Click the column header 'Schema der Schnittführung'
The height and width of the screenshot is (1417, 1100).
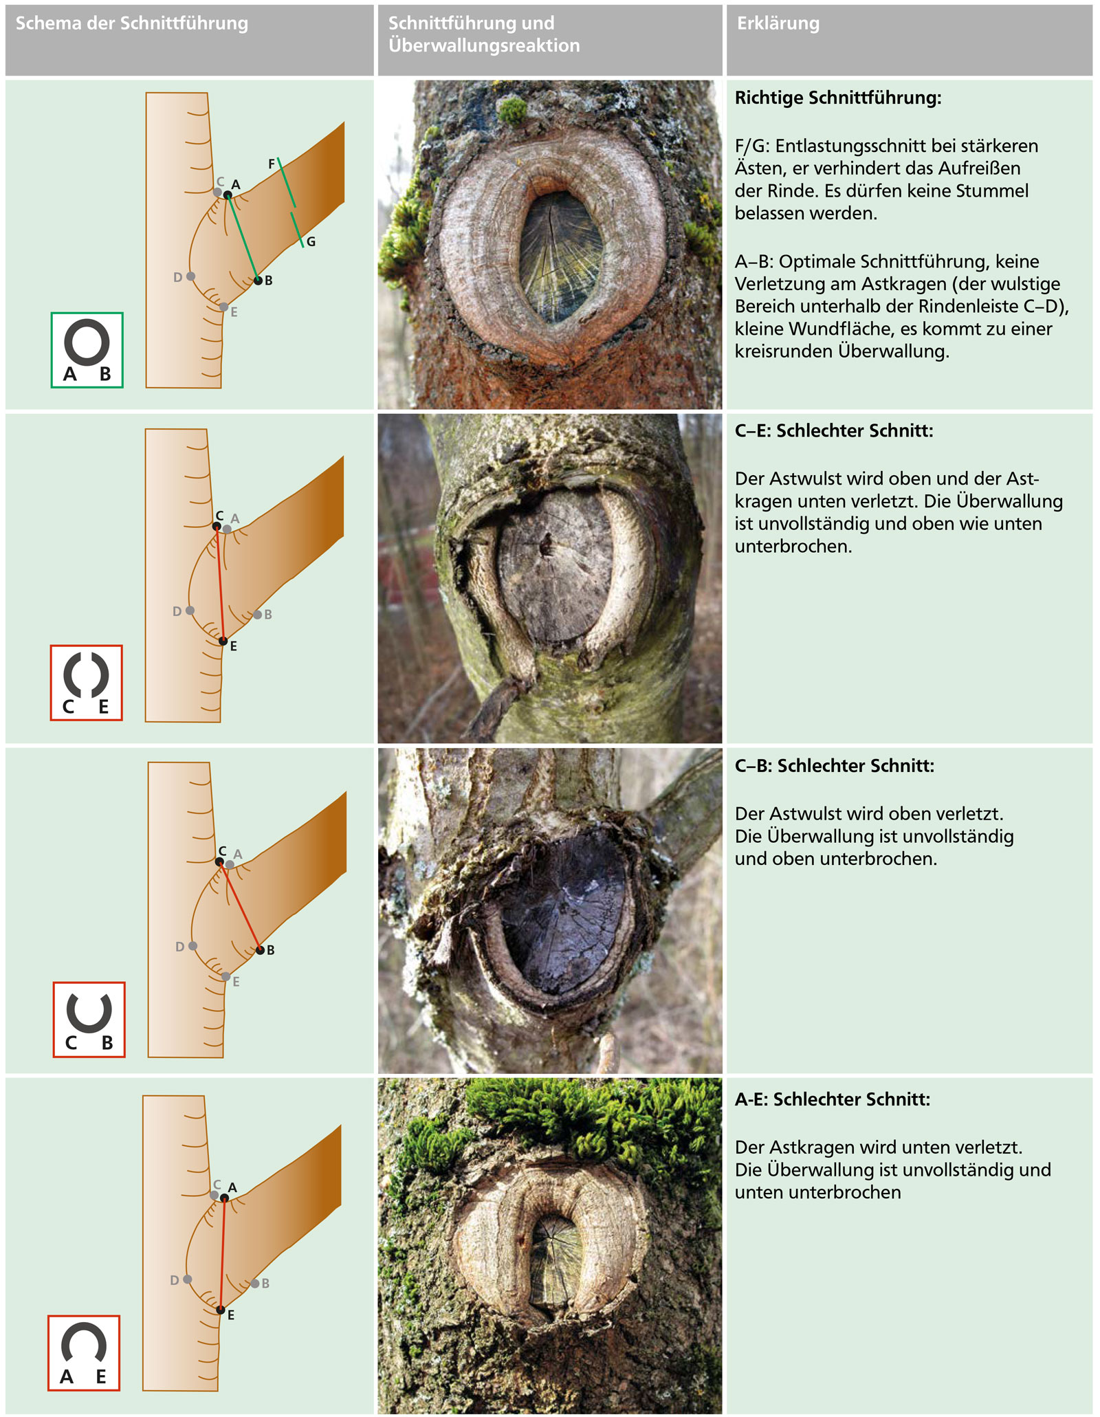click(132, 23)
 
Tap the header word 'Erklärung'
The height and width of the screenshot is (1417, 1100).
click(778, 23)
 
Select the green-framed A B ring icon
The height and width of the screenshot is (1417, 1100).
click(87, 350)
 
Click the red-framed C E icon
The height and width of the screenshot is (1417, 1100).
click(86, 683)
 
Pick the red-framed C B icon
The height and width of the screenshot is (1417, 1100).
click(89, 1019)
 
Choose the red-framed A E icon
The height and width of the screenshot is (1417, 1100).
click(83, 1352)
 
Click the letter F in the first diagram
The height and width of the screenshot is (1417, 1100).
click(272, 164)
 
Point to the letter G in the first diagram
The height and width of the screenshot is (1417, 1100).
click(311, 241)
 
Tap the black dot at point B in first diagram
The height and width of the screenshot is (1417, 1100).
click(258, 280)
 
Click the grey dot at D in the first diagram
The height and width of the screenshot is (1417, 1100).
click(190, 276)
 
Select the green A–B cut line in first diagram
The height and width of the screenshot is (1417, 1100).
click(243, 238)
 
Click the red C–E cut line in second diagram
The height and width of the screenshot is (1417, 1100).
click(220, 584)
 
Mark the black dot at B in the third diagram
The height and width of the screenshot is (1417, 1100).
click(260, 950)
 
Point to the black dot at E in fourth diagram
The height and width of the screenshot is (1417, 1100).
click(221, 1310)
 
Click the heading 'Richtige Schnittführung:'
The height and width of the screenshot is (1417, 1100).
click(838, 98)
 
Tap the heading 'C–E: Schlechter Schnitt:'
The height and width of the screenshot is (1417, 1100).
click(834, 431)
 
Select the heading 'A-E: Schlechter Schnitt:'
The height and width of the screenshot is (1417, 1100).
click(833, 1099)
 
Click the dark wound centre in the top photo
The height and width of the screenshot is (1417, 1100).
click(560, 256)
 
